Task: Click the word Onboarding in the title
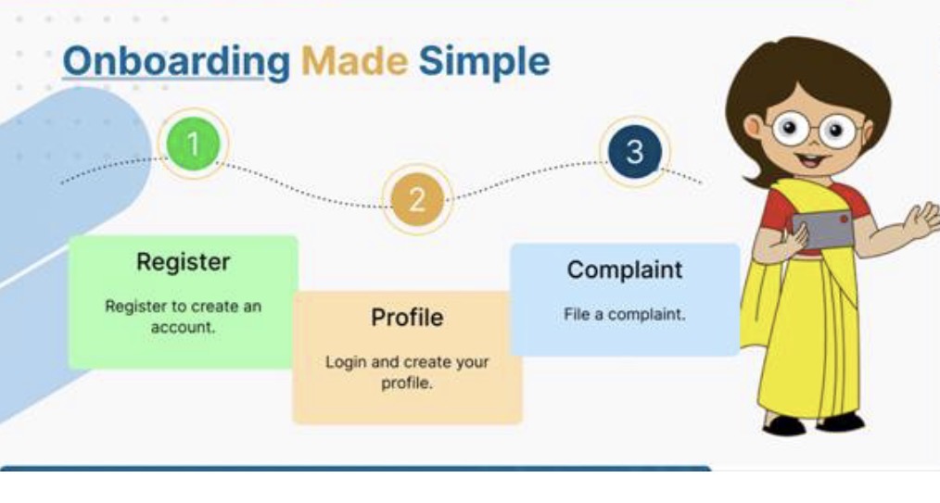tap(175, 62)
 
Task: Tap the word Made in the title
tap(354, 62)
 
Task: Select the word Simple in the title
tap(483, 62)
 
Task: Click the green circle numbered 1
tap(193, 144)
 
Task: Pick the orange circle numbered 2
tap(416, 199)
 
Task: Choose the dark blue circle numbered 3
tap(634, 152)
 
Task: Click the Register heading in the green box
tap(183, 262)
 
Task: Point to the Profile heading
tap(407, 318)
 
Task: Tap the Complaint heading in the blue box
tap(624, 270)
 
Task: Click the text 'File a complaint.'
tap(624, 315)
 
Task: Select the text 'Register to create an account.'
tap(183, 316)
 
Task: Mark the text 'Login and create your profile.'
tap(407, 371)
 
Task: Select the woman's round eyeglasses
tap(815, 131)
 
